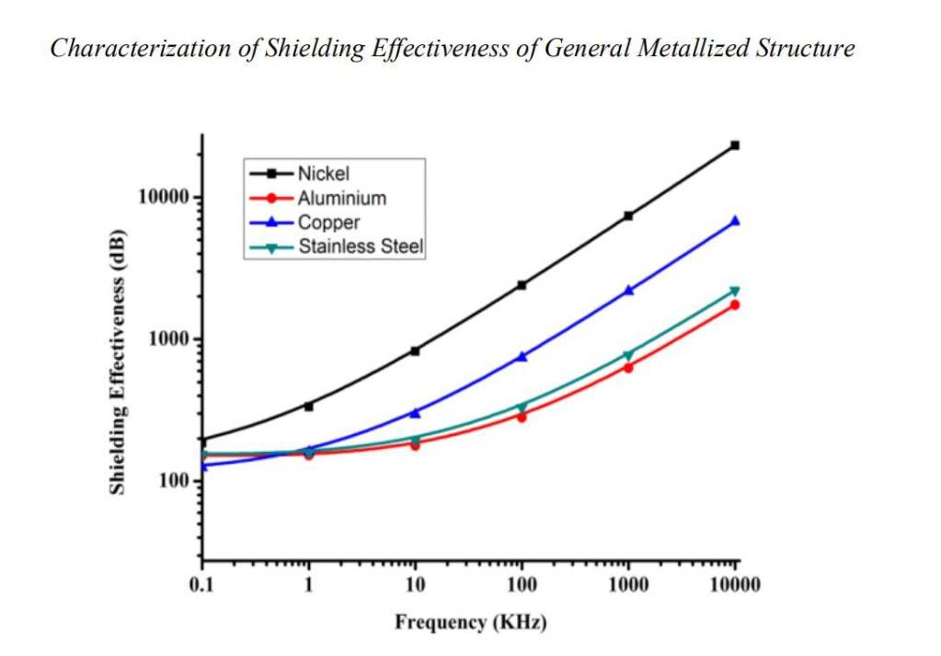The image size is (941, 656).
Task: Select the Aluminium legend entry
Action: (x=341, y=198)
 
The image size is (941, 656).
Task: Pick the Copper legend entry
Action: (x=328, y=223)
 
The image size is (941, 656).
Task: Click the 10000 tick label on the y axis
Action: (x=163, y=198)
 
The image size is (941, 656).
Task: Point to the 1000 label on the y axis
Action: (x=167, y=340)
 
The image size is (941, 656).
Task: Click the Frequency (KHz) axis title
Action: (x=470, y=623)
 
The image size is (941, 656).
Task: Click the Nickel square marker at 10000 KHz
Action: (x=735, y=145)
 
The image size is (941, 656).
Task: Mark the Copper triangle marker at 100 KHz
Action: (x=522, y=356)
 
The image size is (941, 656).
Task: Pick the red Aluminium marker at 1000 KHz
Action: (x=628, y=368)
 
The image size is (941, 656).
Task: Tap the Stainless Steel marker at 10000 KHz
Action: (x=735, y=292)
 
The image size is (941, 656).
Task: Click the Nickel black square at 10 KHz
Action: (x=415, y=351)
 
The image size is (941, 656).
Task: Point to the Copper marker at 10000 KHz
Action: (x=735, y=221)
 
